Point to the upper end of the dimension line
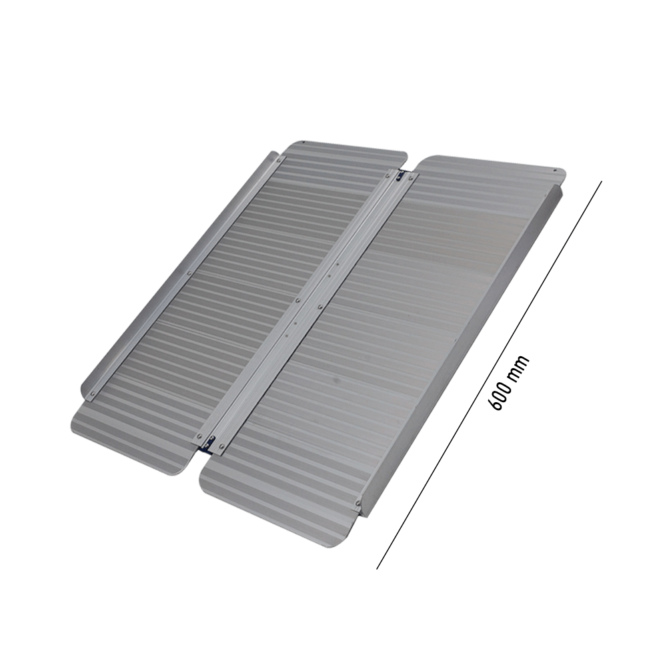[x=601, y=182]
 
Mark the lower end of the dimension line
[x=378, y=568]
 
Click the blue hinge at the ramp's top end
[x=400, y=177]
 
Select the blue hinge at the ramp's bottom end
[x=210, y=441]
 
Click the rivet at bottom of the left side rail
[x=92, y=394]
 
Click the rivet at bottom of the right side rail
[x=359, y=502]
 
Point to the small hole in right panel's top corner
[x=555, y=171]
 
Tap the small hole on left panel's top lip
[x=303, y=143]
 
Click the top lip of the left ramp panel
[x=347, y=152]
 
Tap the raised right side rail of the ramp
[x=467, y=347]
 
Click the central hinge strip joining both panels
[x=307, y=307]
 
